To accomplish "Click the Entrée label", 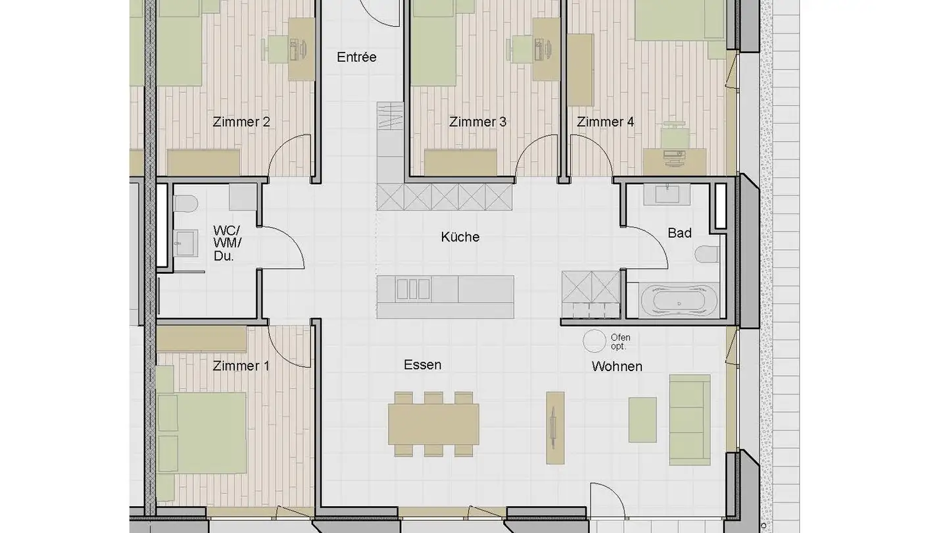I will [356, 57].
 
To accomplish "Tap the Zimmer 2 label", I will [241, 122].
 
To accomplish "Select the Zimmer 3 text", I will [477, 122].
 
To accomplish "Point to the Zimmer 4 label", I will [605, 122].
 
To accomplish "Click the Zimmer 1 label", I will [241, 366].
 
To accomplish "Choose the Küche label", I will [460, 237].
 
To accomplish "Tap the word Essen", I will [422, 365].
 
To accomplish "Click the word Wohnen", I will [617, 367].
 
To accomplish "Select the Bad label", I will [679, 233].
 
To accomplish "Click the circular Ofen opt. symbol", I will [595, 340].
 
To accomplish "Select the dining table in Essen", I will [433, 424].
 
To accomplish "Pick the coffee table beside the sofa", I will [642, 419].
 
